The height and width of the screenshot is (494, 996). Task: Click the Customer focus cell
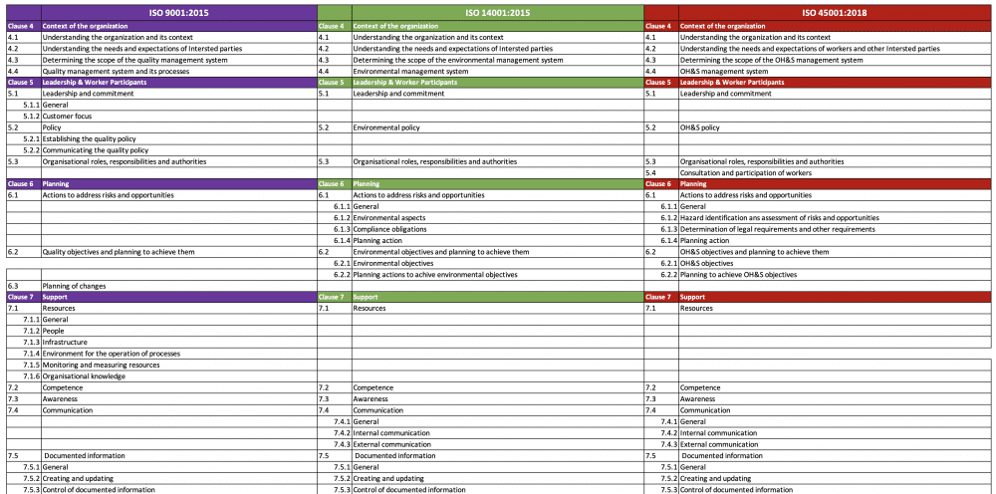coord(69,116)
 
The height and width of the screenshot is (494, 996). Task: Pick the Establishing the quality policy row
coord(89,138)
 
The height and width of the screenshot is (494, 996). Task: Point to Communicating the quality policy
coord(95,150)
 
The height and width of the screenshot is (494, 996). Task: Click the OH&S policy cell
coord(699,127)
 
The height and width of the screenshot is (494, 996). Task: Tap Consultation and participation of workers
coord(745,172)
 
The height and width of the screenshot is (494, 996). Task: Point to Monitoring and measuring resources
coord(101,365)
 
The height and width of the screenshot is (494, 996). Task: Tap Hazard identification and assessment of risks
coord(779,217)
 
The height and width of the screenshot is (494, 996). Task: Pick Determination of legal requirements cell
coord(778,229)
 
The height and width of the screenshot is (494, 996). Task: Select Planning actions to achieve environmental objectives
coord(434,274)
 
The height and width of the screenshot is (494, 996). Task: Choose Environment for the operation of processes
coord(111,353)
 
